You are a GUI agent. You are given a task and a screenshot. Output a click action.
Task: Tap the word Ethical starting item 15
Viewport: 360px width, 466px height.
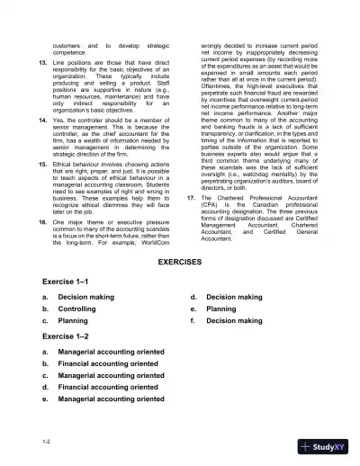66,166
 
